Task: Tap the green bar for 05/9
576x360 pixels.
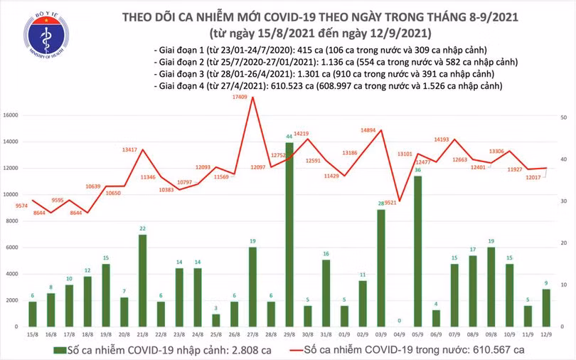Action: pyautogui.click(x=419, y=250)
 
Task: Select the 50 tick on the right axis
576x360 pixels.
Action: pyautogui.click(x=562, y=117)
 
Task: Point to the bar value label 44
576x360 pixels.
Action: pyautogui.click(x=289, y=136)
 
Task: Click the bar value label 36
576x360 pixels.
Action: pyautogui.click(x=419, y=170)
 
